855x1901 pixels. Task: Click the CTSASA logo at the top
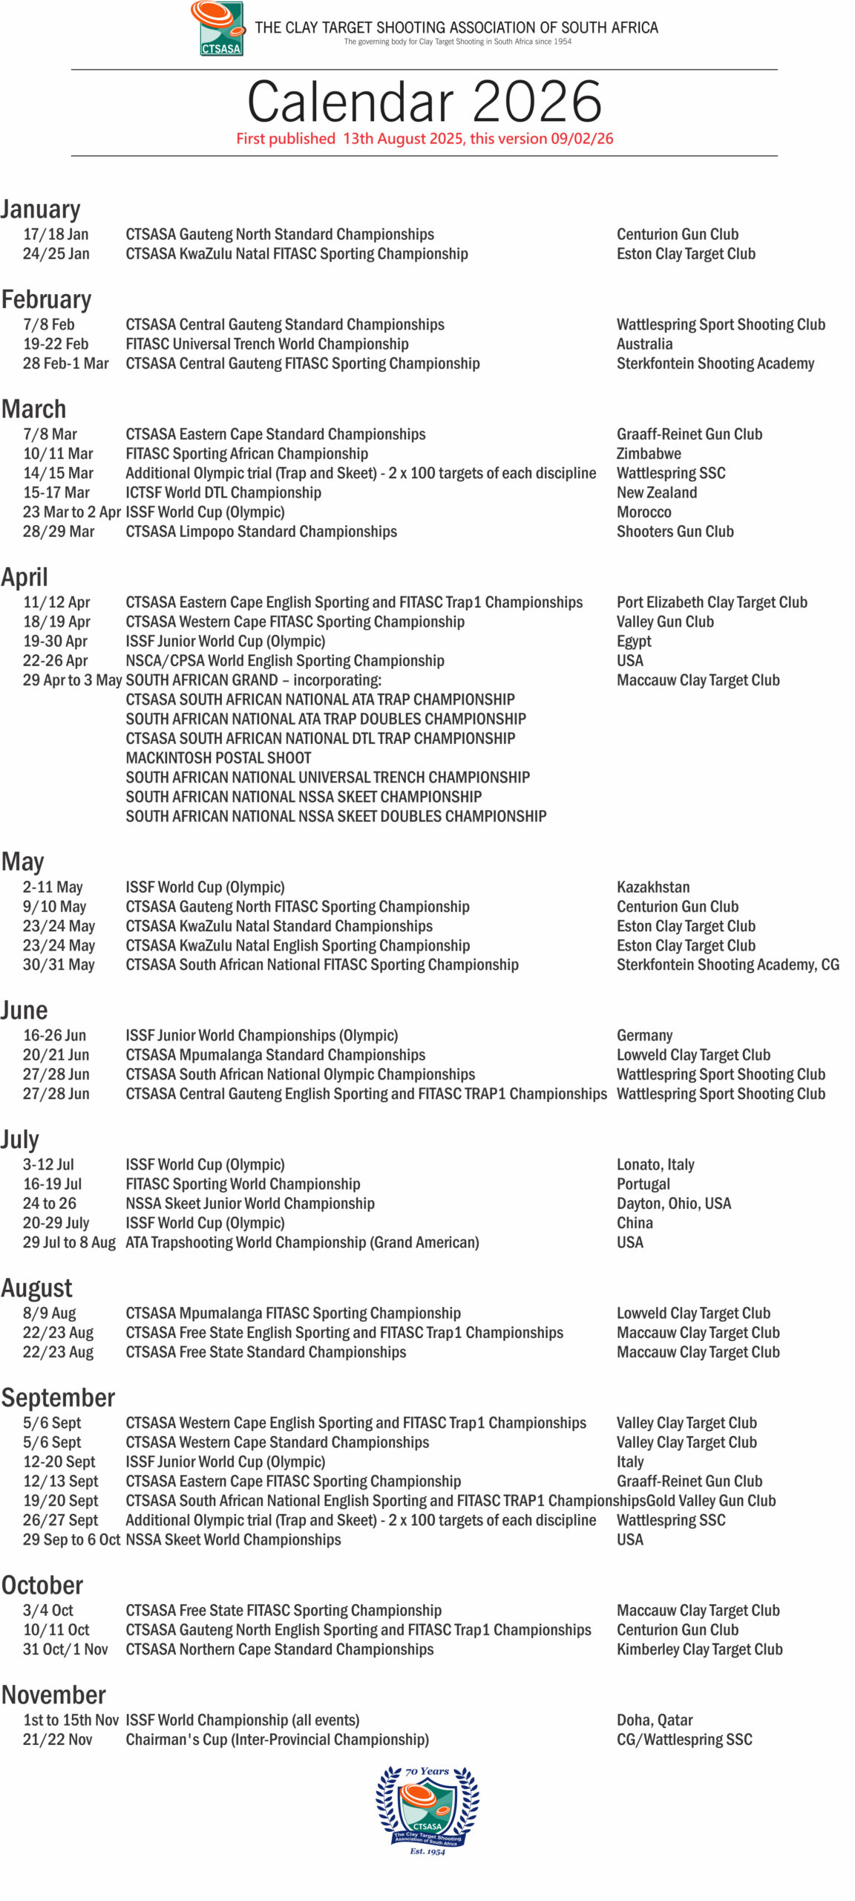pyautogui.click(x=217, y=28)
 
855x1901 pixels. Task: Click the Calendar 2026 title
pyautogui.click(x=424, y=101)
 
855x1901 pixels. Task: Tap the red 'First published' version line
pyautogui.click(x=424, y=139)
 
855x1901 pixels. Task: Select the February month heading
pyautogui.click(x=46, y=299)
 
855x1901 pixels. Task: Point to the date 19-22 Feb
pyautogui.click(x=56, y=344)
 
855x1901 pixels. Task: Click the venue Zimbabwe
pyautogui.click(x=649, y=454)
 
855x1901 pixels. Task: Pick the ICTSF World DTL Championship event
pyautogui.click(x=223, y=492)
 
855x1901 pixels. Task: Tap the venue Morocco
pyautogui.click(x=643, y=512)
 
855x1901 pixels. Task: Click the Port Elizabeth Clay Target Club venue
pyautogui.click(x=712, y=602)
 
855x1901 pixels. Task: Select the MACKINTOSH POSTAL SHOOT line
pyautogui.click(x=218, y=757)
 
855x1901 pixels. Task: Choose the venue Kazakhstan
pyautogui.click(x=653, y=887)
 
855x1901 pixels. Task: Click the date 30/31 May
pyautogui.click(x=59, y=965)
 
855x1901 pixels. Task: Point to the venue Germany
pyautogui.click(x=644, y=1035)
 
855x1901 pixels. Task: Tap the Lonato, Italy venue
pyautogui.click(x=655, y=1164)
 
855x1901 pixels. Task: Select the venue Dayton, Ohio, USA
pyautogui.click(x=674, y=1203)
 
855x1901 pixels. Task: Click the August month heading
pyautogui.click(x=37, y=1288)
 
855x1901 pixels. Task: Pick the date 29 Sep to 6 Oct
pyautogui.click(x=71, y=1539)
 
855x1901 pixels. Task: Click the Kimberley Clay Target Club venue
pyautogui.click(x=699, y=1649)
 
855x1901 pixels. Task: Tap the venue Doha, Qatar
pyautogui.click(x=655, y=1720)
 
